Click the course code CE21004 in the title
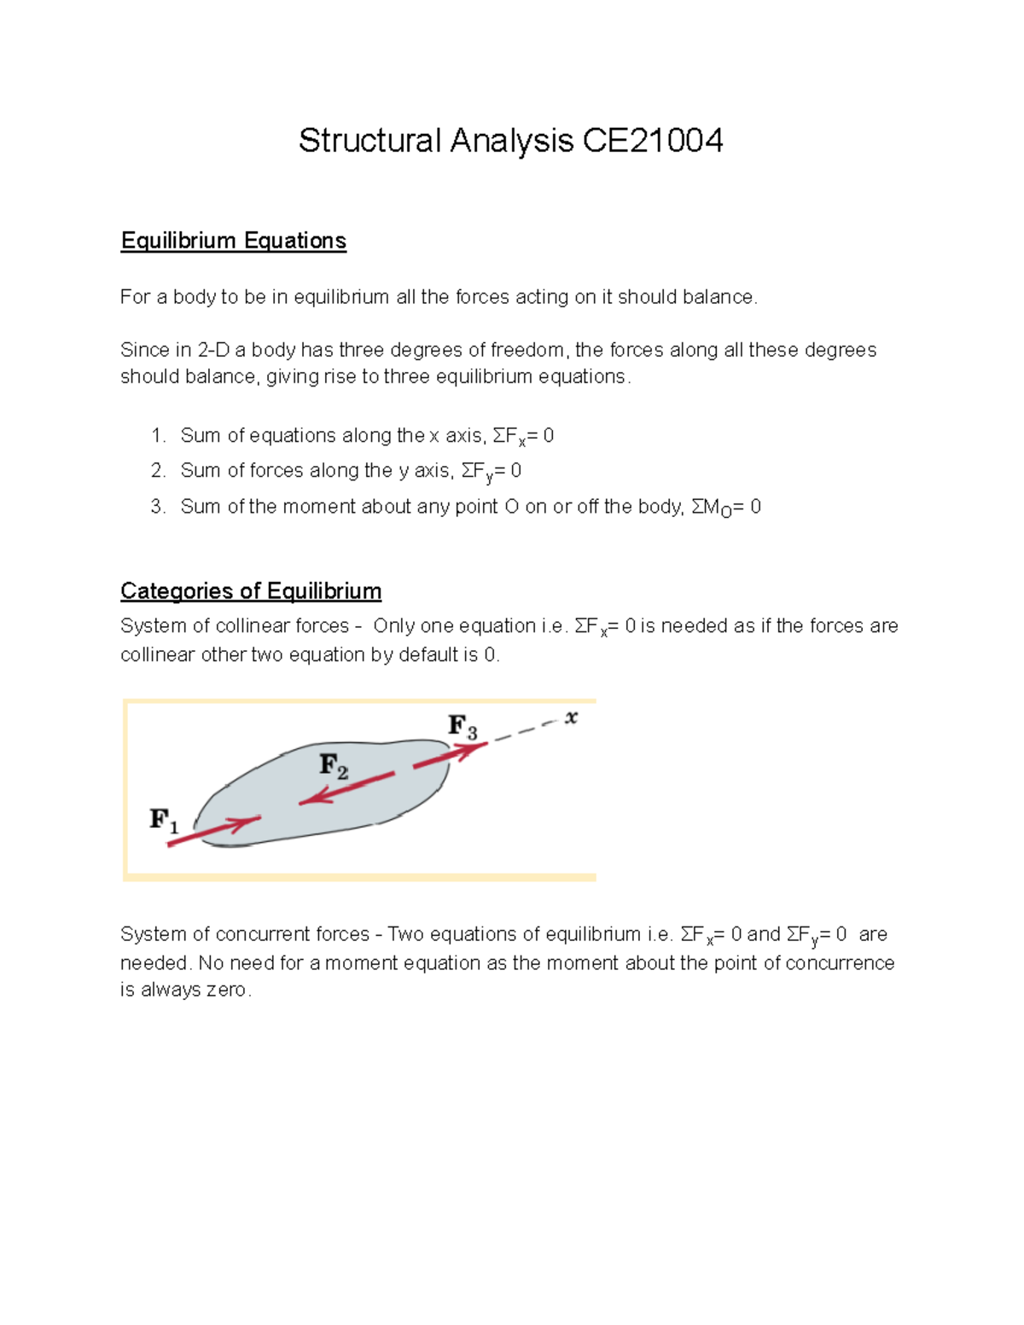(x=653, y=141)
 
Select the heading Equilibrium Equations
(x=233, y=241)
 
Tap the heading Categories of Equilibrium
(x=251, y=591)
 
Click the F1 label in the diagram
(x=164, y=821)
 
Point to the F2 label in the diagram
(x=334, y=765)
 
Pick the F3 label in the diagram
(x=463, y=727)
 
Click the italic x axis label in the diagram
(x=571, y=718)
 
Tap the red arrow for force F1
(x=213, y=831)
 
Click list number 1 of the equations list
(x=158, y=436)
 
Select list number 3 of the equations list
(x=158, y=507)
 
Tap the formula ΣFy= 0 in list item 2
(x=491, y=472)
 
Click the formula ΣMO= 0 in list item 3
(x=725, y=508)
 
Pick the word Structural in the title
(x=369, y=141)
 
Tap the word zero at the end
(x=226, y=991)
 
